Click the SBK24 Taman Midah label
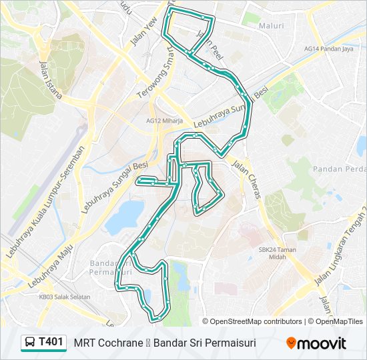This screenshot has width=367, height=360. coord(277,253)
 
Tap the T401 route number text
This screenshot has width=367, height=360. coord(51,343)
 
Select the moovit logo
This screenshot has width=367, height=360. coord(316,343)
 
